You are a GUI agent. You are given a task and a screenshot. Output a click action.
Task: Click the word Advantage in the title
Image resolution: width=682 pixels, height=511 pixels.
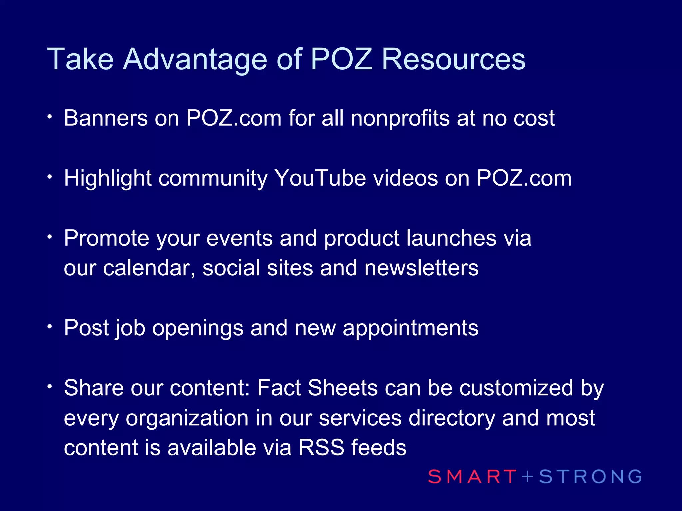[x=195, y=59]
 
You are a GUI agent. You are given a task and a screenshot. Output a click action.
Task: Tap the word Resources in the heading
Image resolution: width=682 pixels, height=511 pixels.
[x=454, y=59]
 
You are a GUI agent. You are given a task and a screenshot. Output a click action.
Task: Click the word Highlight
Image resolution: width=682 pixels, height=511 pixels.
[x=108, y=179]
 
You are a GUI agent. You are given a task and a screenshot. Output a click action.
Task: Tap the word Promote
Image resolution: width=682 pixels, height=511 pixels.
[x=107, y=238]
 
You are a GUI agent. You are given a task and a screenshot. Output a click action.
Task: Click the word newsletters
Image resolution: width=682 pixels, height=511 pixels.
[x=421, y=268]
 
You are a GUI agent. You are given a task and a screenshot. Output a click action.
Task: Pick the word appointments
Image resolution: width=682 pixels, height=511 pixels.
[x=410, y=329]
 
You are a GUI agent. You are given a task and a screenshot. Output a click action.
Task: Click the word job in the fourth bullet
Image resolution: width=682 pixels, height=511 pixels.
[x=130, y=329]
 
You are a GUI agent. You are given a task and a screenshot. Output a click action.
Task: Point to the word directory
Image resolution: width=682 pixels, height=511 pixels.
[x=452, y=418]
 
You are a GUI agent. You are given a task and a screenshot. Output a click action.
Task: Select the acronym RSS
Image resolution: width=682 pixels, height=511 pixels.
[x=321, y=448]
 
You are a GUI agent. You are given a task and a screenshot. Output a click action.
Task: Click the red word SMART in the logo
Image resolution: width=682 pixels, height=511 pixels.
[x=472, y=476]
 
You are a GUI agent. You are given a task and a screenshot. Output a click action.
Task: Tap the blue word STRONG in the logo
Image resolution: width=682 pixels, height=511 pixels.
[x=590, y=476]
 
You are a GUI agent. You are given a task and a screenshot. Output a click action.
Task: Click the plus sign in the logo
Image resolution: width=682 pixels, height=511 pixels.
[x=528, y=476]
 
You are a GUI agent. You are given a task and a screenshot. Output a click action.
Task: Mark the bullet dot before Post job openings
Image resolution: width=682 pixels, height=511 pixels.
[x=50, y=327]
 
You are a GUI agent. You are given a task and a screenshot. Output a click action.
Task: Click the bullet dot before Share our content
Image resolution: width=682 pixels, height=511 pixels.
[x=50, y=387]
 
